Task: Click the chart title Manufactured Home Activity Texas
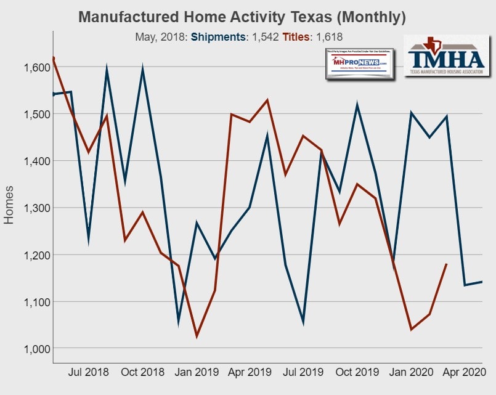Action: click(242, 17)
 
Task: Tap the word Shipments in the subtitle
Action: click(218, 38)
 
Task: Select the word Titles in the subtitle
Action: click(297, 38)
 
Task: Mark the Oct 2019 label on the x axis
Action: click(357, 372)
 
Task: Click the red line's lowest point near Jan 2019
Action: click(197, 336)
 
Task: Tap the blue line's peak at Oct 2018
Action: click(143, 70)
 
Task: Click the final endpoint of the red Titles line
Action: click(447, 264)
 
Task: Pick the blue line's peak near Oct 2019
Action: click(357, 105)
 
